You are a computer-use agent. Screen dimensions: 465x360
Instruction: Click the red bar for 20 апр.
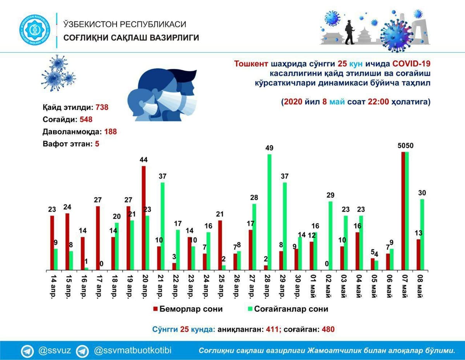coord(144,218)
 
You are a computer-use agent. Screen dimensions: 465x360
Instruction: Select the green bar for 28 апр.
coord(269,212)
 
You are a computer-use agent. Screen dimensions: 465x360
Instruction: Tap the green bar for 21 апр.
coord(162,226)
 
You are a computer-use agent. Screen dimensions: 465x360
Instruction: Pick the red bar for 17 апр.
coord(98,238)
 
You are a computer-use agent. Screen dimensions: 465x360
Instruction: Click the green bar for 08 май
coord(422,235)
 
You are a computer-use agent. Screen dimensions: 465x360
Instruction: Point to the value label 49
coord(269,148)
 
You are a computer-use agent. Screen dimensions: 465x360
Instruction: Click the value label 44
coord(143,160)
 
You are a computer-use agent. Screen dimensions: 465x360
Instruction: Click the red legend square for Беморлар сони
coord(155,309)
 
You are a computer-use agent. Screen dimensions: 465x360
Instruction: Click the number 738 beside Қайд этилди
coord(102,107)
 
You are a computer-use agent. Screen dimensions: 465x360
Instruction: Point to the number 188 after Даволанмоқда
coord(110,132)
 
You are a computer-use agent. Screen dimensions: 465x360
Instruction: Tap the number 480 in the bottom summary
coord(328,329)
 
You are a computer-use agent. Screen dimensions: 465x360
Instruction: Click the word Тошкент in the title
coord(251,63)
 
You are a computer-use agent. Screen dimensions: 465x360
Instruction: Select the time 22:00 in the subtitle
coord(378,101)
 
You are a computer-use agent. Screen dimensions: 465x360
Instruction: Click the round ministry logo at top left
coord(34,30)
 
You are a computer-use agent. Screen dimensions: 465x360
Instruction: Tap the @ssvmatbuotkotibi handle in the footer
coord(133,351)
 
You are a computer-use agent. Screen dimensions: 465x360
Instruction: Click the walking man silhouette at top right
coord(350,32)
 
